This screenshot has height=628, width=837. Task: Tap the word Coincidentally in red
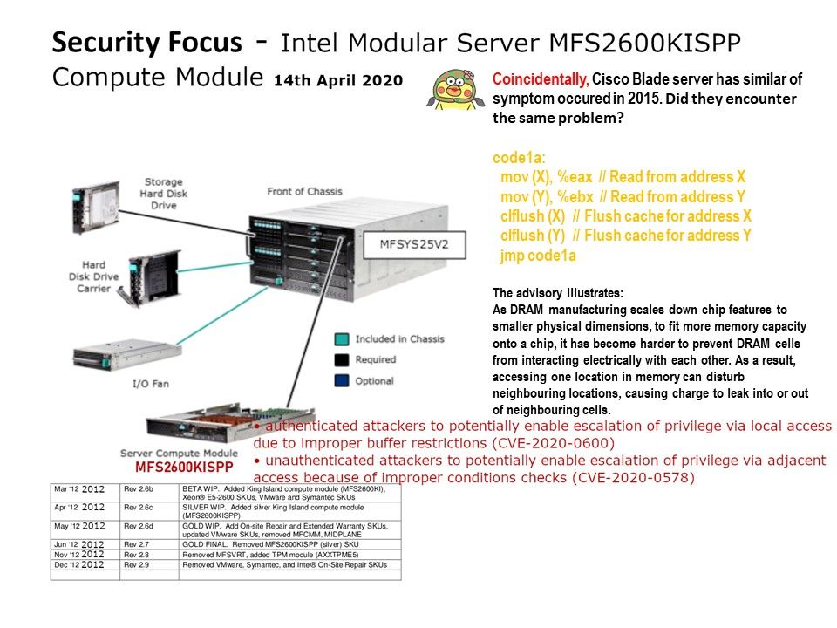point(541,78)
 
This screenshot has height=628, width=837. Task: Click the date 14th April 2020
point(338,80)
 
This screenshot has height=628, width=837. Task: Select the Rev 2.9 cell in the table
point(139,564)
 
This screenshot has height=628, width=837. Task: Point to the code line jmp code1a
point(538,256)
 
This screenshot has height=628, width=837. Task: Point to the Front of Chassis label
point(305,191)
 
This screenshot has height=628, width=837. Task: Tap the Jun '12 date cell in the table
point(85,543)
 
